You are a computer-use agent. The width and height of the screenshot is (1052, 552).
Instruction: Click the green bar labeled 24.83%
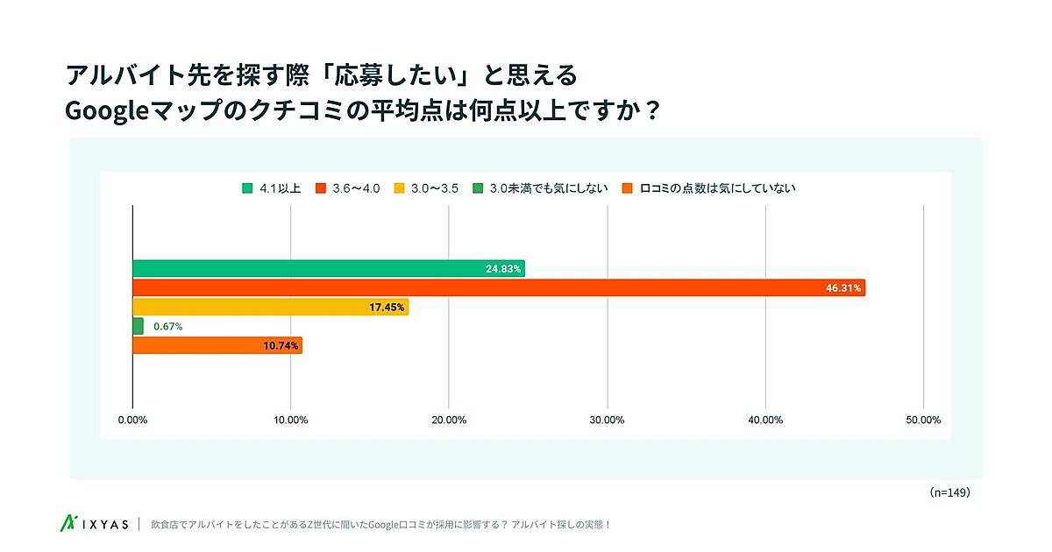(328, 268)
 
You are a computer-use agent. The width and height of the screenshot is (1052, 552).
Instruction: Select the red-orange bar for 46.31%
(498, 287)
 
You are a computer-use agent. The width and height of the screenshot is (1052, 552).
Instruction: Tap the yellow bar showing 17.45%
(270, 307)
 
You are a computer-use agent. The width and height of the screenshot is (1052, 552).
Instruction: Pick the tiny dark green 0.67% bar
(138, 326)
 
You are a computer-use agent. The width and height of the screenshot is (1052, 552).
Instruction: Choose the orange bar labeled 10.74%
(217, 345)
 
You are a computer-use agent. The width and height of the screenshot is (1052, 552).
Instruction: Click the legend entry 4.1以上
(272, 188)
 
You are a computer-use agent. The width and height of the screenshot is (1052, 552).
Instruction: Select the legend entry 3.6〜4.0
(348, 188)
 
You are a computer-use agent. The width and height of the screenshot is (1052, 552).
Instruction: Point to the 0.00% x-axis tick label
(132, 420)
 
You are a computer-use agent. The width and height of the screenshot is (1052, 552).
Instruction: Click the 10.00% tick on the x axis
(291, 420)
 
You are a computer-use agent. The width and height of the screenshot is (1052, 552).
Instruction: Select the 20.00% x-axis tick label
(449, 420)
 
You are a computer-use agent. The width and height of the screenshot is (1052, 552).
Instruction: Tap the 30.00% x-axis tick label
(608, 420)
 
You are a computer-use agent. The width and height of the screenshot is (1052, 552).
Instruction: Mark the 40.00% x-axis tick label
(765, 420)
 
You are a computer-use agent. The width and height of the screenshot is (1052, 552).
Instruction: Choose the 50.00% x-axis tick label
(923, 420)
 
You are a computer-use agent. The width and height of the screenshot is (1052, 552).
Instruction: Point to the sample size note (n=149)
(949, 492)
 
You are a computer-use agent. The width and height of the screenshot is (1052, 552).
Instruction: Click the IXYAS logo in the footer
(93, 524)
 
